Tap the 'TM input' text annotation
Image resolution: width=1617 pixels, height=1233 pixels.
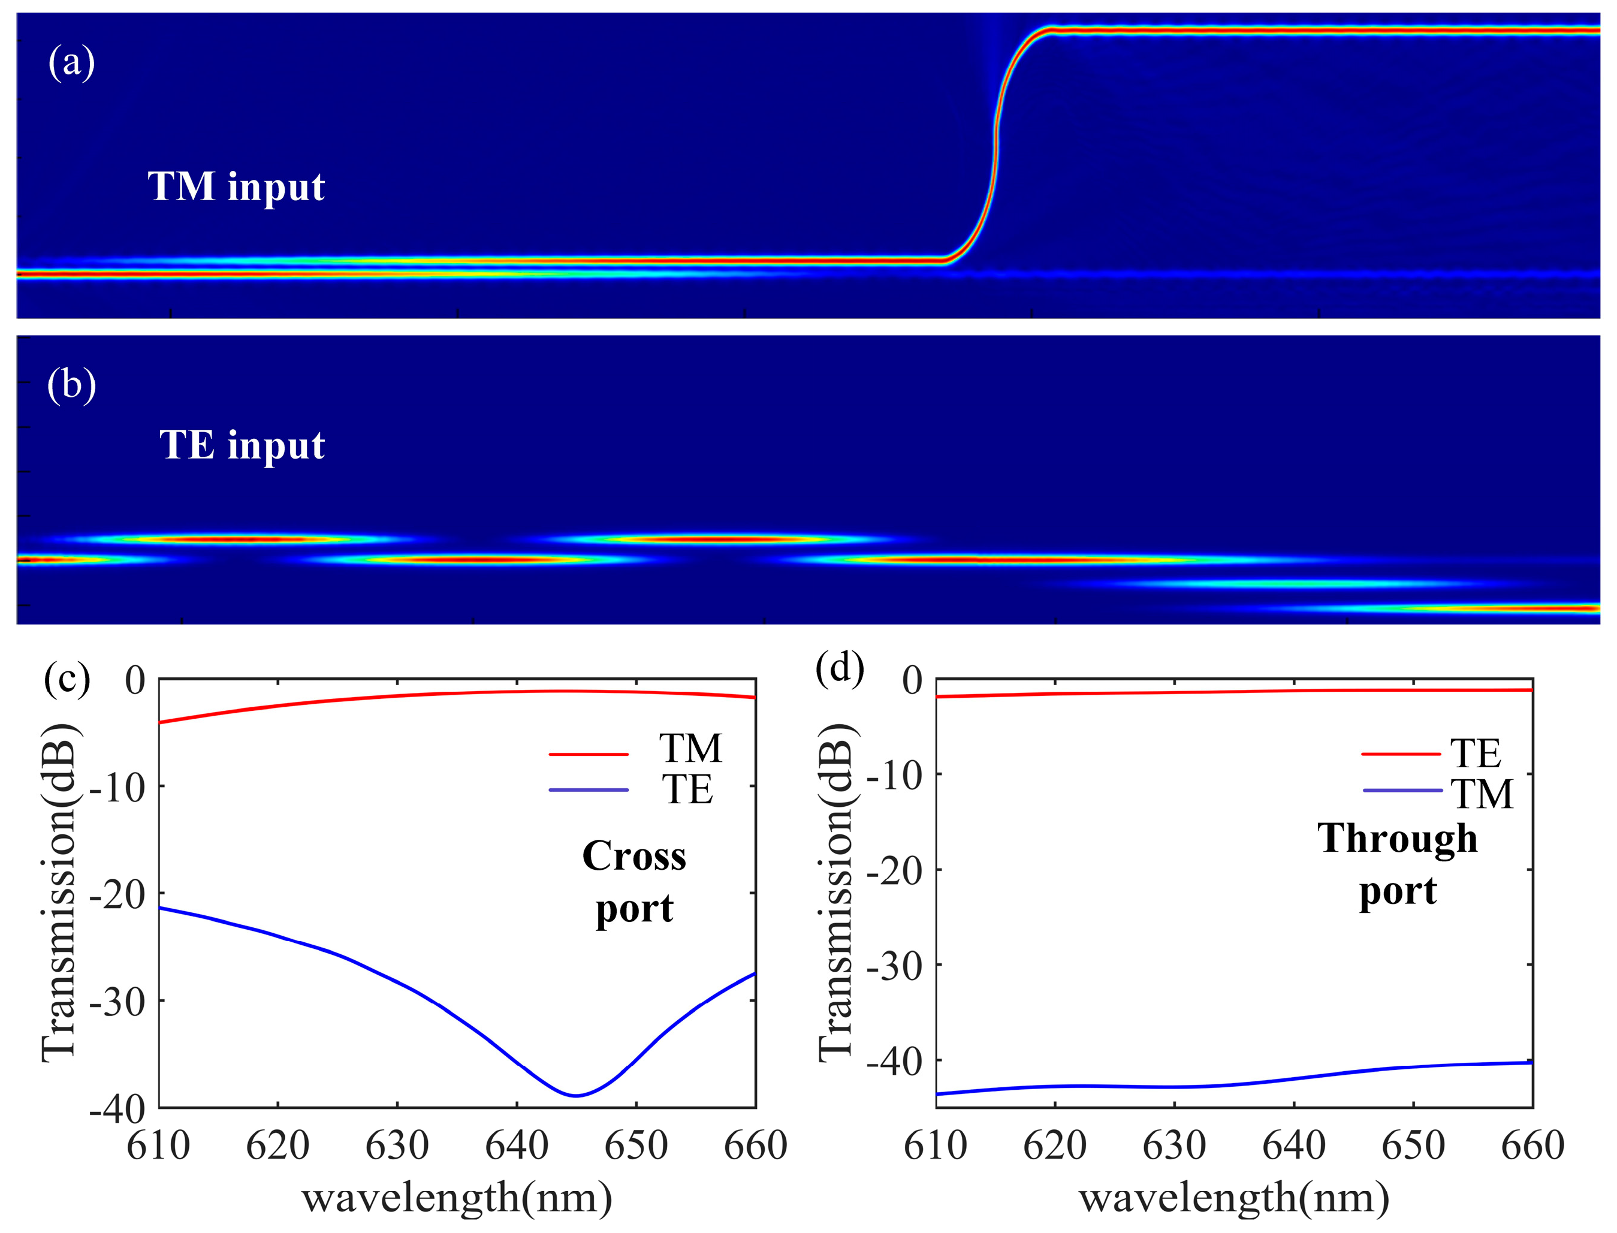point(236,186)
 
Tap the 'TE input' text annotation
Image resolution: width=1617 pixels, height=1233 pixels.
point(242,445)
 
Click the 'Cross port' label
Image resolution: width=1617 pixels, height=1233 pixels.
point(635,882)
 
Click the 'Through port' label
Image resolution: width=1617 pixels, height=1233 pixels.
point(1398,864)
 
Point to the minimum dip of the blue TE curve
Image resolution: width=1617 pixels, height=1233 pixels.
point(576,1096)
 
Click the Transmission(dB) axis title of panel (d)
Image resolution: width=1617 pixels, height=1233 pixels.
point(837,892)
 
